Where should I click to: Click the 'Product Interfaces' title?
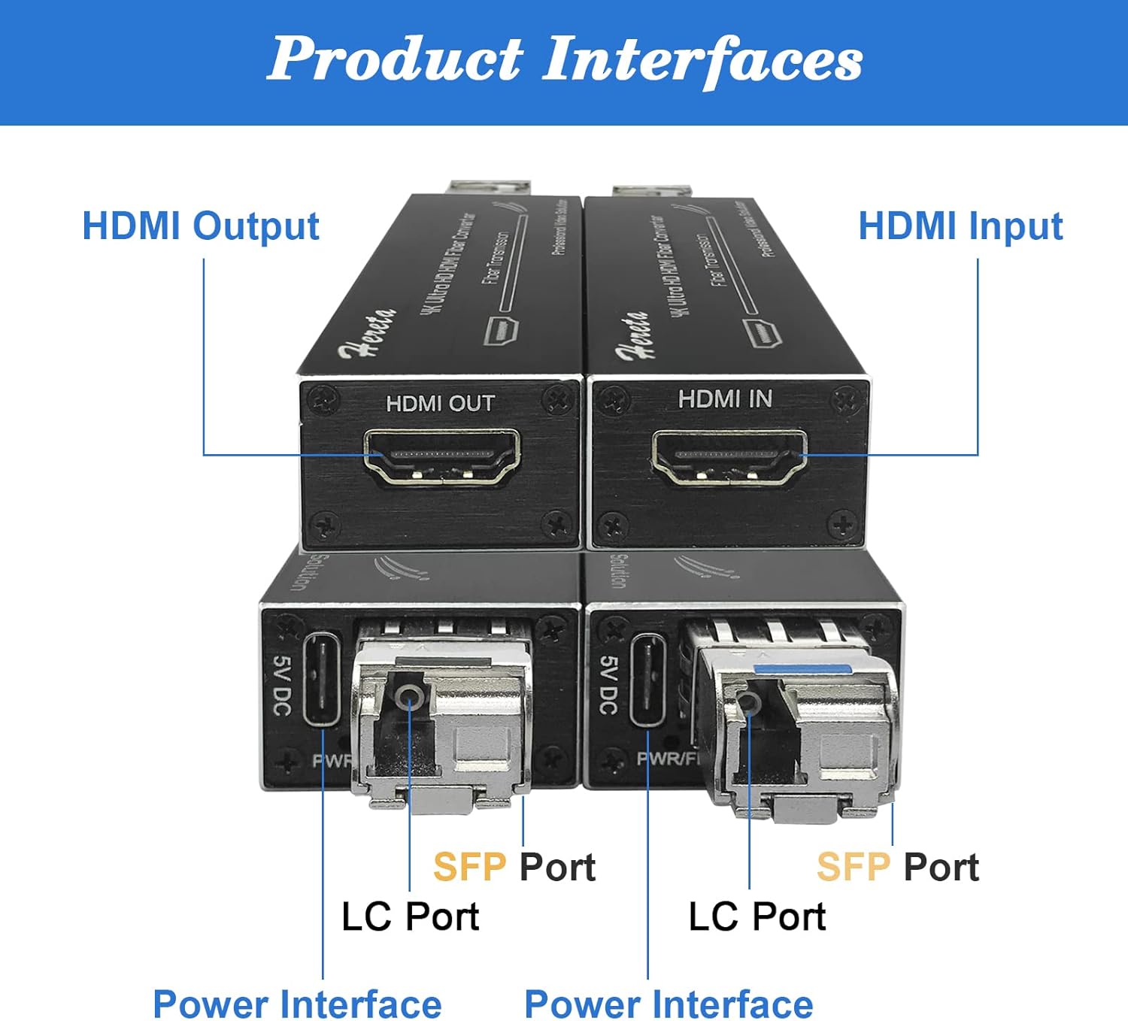565,60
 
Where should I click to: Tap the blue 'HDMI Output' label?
201,226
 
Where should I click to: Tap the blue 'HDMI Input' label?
960,226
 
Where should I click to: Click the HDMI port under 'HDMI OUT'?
441,456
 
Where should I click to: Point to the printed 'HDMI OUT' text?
440,404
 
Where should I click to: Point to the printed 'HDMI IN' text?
725,398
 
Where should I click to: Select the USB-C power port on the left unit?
322,680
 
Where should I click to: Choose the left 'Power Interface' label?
297,1004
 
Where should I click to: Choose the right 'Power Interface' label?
669,1004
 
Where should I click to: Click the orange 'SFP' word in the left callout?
469,868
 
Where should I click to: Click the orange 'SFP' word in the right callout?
853,868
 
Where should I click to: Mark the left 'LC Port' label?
410,916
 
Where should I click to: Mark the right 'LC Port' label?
757,916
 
